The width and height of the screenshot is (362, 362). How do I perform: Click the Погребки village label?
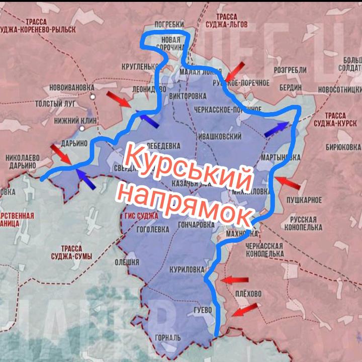pos(169,24)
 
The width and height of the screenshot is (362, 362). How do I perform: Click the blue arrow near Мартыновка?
pos(277,129)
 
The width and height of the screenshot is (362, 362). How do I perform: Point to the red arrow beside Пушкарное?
pos(287,182)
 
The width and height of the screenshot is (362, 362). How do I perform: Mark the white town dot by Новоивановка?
pos(93,96)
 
